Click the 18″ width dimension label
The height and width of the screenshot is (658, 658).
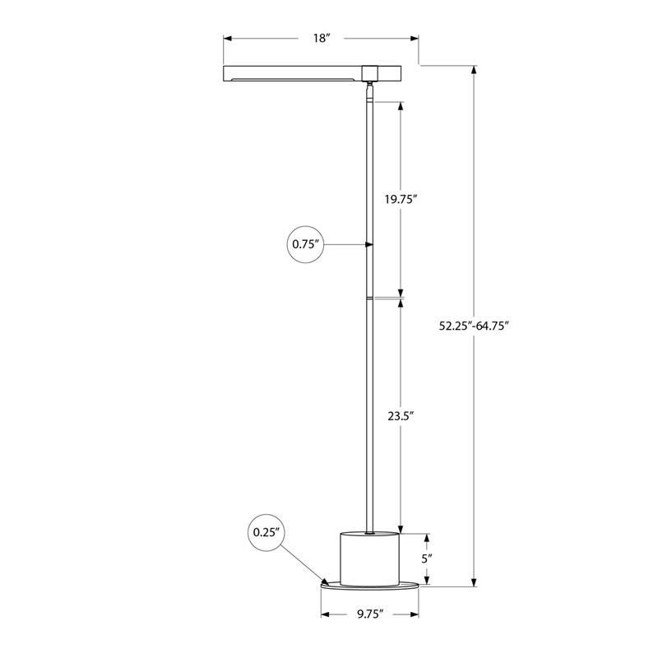point(322,38)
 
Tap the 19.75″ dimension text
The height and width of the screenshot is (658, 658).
point(401,199)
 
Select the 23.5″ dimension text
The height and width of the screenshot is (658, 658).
point(401,416)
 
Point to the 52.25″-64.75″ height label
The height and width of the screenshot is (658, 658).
point(474,326)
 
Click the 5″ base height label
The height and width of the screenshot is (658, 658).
point(427,558)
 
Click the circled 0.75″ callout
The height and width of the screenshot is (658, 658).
point(305,244)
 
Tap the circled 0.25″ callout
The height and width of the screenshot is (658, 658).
point(266,532)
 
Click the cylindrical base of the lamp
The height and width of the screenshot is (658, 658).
point(369,558)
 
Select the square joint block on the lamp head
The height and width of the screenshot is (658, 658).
point(369,73)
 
